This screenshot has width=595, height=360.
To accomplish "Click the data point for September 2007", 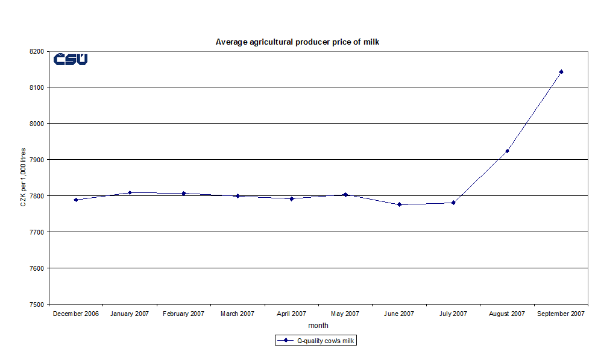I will tap(561, 72).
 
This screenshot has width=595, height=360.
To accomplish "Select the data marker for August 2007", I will tap(507, 151).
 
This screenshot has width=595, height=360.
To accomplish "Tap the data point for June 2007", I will tap(399, 204).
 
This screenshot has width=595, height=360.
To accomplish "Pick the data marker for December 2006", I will tap(76, 200).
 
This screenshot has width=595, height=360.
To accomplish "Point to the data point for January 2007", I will tap(130, 192).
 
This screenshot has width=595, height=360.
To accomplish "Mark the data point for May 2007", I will tap(345, 194).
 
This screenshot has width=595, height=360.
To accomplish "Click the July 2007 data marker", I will tap(453, 203).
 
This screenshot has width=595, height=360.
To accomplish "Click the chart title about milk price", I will tap(297, 42).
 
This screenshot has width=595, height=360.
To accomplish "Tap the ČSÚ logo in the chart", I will tap(71, 59).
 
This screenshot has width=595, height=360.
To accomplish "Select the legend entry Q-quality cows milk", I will tap(317, 341).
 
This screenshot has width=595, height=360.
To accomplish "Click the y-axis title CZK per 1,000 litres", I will tap(23, 177).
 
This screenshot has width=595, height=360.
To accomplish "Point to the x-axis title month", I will tap(318, 326).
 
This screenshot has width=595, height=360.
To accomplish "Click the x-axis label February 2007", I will tap(183, 314).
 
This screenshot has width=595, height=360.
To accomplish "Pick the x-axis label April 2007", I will tap(291, 314).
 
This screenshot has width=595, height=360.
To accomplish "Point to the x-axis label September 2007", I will tap(561, 314).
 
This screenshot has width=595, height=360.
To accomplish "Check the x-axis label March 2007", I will tap(238, 314).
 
